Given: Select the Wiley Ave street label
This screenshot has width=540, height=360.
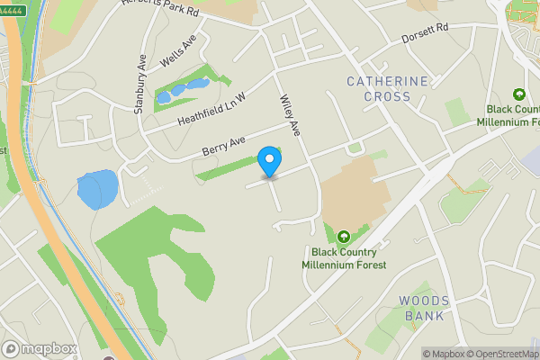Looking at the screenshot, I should point(289,114).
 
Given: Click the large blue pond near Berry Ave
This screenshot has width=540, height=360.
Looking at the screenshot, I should point(96,190).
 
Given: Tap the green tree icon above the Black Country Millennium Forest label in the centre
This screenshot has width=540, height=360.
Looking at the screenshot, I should point(343,237).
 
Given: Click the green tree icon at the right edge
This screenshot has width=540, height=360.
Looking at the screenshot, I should point(518,94).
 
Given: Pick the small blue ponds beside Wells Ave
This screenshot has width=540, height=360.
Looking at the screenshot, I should point(183,90).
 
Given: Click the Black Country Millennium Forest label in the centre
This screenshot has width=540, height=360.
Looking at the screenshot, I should point(349,258).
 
